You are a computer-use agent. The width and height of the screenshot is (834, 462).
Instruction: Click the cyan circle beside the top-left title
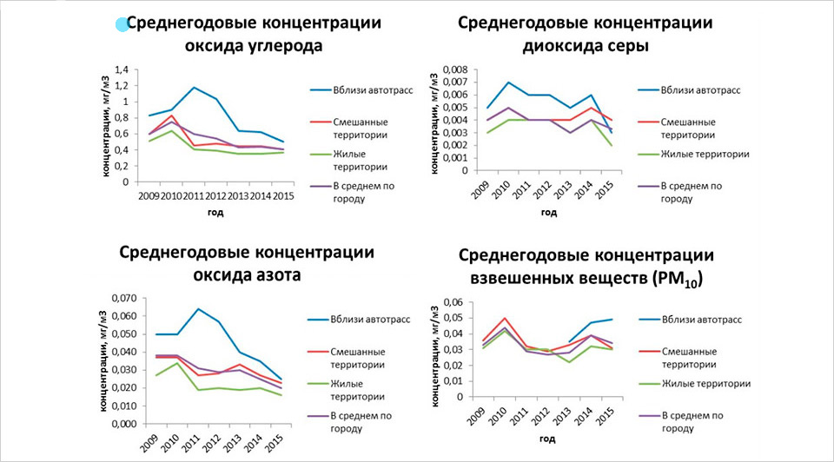[122, 26]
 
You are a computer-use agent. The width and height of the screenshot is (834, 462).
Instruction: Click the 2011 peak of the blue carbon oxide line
[193, 88]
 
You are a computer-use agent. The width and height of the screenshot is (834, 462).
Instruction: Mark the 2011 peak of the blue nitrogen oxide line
[198, 309]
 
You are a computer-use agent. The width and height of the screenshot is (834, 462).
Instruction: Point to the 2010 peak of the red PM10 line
[505, 318]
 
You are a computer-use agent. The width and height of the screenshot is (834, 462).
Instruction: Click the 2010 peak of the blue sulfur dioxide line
[508, 82]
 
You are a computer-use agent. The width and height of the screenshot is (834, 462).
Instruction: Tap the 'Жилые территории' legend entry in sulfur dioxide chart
[704, 154]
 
